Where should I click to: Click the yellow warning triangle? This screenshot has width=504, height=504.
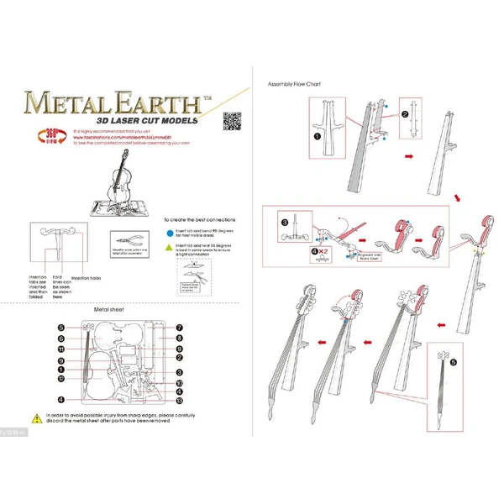pyautogui.click(x=36, y=417)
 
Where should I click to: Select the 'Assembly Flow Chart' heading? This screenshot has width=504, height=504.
pyautogui.click(x=294, y=85)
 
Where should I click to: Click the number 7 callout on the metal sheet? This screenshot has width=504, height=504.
pyautogui.click(x=179, y=328)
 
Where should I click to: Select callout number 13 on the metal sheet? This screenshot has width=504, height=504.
pyautogui.click(x=179, y=399)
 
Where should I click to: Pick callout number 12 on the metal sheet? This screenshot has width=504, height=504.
pyautogui.click(x=61, y=379)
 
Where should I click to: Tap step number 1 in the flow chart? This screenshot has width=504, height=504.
pyautogui.click(x=317, y=134)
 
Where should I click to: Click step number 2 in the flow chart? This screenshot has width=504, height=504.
pyautogui.click(x=404, y=114)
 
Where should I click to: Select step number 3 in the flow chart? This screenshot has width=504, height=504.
pyautogui.click(x=285, y=223)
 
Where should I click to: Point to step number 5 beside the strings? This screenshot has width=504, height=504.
pyautogui.click(x=454, y=364)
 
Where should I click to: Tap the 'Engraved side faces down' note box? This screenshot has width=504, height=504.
pyautogui.click(x=346, y=256)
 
